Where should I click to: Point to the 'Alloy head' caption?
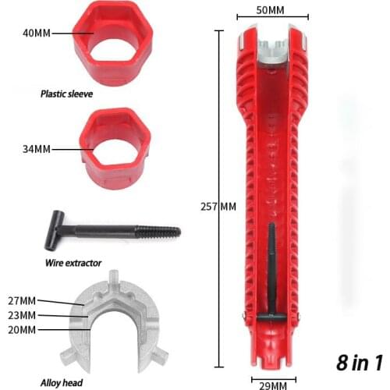(80, 383)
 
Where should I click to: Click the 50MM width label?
(272, 10)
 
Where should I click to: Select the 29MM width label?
(272, 383)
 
